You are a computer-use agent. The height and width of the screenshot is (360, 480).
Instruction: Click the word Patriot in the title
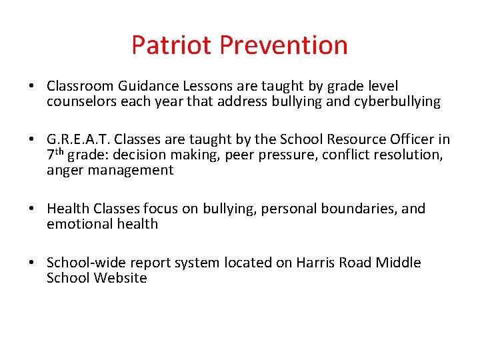172,45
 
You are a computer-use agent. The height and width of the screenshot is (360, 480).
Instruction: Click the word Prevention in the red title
283,45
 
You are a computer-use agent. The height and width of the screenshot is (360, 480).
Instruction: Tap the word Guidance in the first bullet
143,87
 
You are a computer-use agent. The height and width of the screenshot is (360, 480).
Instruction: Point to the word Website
120,278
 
